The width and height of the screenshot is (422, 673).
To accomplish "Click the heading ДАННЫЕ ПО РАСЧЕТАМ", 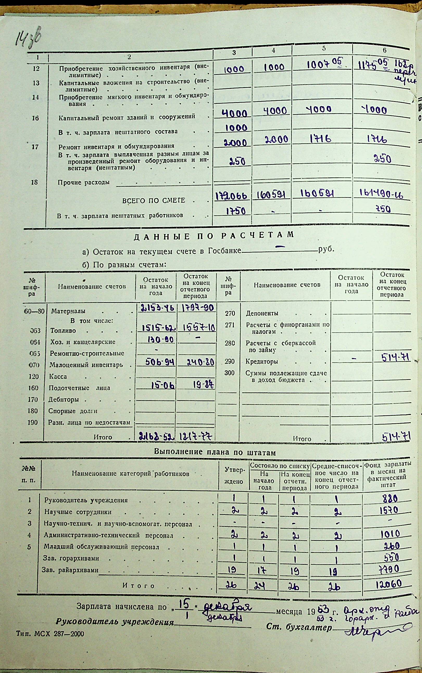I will (214, 236).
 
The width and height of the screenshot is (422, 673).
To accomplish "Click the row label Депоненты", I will (262, 313).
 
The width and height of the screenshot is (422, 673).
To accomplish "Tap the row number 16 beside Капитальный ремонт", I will (35, 118).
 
